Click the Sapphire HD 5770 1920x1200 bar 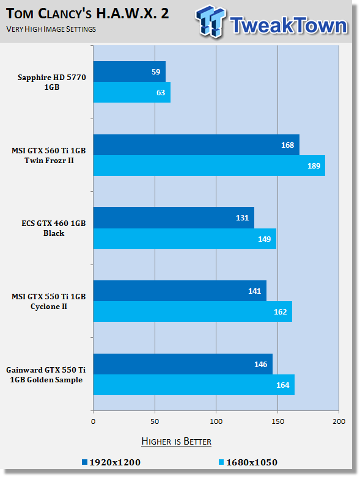(x=130, y=71)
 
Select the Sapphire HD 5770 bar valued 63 (x=132, y=92)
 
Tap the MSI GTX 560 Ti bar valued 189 (x=209, y=166)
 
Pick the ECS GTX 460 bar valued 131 (x=174, y=218)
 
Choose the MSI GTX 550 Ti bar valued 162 (x=193, y=311)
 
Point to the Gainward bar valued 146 (x=183, y=364)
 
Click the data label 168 (x=288, y=145)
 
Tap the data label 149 (x=265, y=239)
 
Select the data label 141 (x=254, y=291)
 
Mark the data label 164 (x=283, y=385)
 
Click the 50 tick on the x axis (x=155, y=421)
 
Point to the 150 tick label (x=277, y=421)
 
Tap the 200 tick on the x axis (x=339, y=421)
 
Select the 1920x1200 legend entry (x=111, y=462)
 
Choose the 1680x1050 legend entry (x=248, y=462)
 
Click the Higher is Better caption (x=176, y=442)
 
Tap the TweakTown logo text (x=288, y=25)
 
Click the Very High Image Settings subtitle (x=51, y=29)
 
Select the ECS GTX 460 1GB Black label (x=54, y=228)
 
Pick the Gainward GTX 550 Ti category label (x=46, y=375)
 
